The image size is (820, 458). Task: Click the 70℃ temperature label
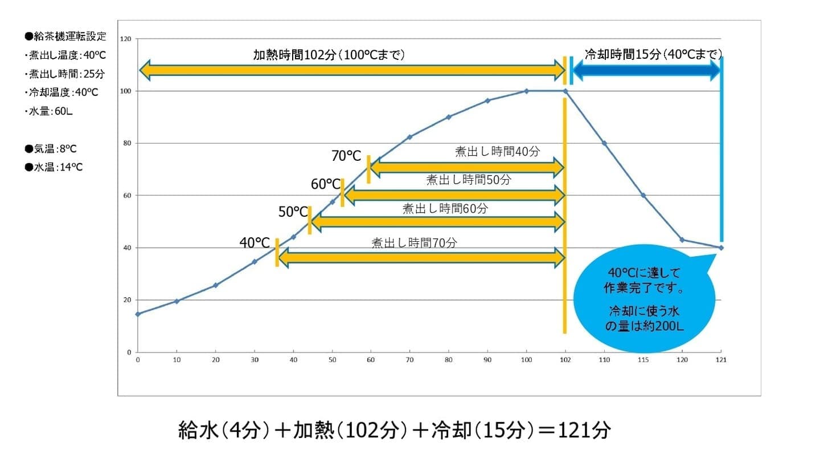tap(346, 155)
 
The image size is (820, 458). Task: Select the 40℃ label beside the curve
tap(254, 242)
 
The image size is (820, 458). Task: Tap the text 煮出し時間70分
tap(414, 242)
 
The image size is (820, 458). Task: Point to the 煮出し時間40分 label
tap(497, 151)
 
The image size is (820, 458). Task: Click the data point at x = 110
tap(604, 143)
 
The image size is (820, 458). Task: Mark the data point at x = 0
tap(138, 314)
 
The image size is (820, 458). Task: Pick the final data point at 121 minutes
tap(721, 248)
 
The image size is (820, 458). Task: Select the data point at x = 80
tap(449, 117)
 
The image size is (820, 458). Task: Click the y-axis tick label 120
tap(126, 39)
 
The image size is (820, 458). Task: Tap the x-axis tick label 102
tap(565, 360)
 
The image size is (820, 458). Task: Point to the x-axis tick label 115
tap(643, 360)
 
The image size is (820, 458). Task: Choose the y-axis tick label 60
tap(128, 196)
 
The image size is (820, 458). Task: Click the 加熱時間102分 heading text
tap(329, 55)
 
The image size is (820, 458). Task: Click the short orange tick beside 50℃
tap(310, 220)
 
